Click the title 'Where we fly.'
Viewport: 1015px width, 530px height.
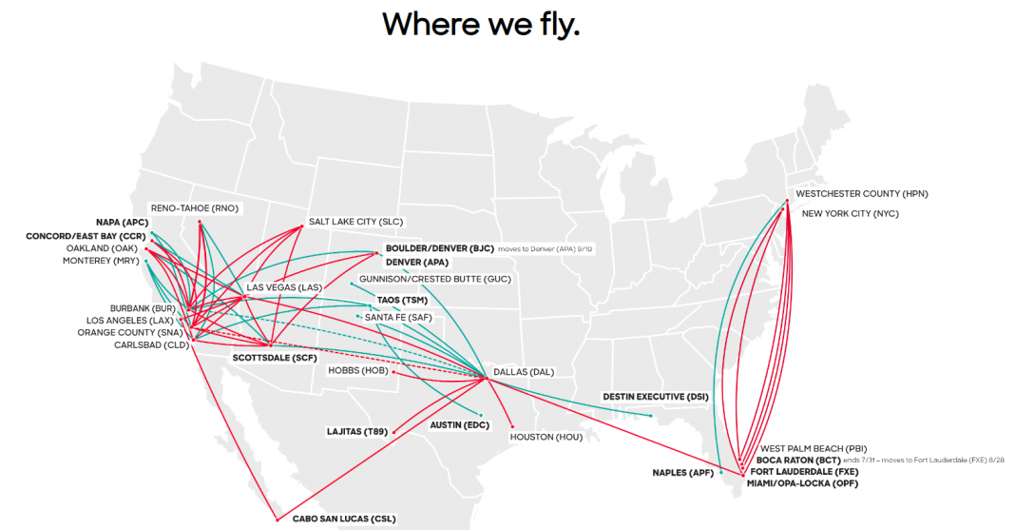[x=481, y=25]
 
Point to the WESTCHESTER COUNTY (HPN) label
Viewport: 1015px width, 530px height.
[x=861, y=194]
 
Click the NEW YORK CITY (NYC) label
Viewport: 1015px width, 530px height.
[x=850, y=213]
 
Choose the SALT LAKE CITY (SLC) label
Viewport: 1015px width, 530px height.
[x=356, y=222]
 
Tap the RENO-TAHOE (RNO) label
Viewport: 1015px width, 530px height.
[x=195, y=207]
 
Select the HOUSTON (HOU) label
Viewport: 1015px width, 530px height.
[x=546, y=437]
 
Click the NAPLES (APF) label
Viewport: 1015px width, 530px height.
[x=682, y=472]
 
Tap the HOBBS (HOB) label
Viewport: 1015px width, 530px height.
[x=357, y=370]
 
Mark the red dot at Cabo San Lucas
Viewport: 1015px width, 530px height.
[x=277, y=519]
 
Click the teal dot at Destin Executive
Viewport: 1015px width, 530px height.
[x=650, y=415]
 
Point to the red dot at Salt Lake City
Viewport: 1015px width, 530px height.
[x=302, y=226]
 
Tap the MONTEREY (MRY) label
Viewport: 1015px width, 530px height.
[x=100, y=261]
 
